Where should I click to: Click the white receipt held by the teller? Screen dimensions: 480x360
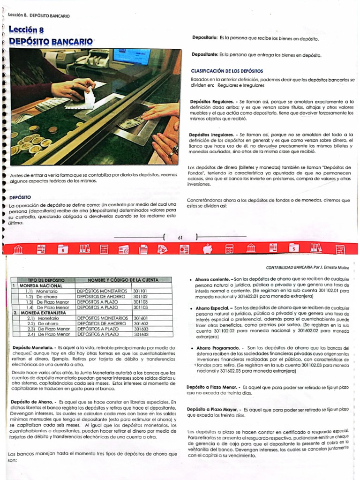point(89,97)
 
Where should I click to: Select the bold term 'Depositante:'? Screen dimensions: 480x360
point(205,55)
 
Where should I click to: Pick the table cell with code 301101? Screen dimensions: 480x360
point(141,291)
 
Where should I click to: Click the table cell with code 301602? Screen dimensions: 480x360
point(141,323)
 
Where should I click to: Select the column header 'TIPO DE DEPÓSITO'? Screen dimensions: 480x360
point(46,280)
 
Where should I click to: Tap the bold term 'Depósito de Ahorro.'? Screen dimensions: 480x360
point(33,402)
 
